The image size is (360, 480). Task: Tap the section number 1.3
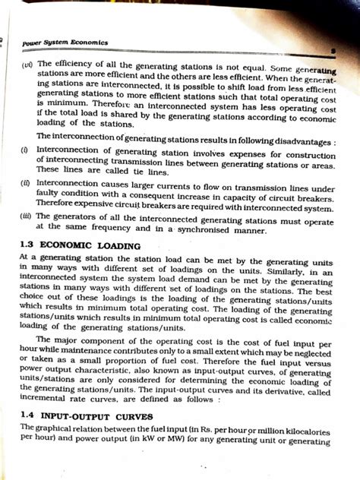point(29,247)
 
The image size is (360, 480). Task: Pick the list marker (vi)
point(27,65)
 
